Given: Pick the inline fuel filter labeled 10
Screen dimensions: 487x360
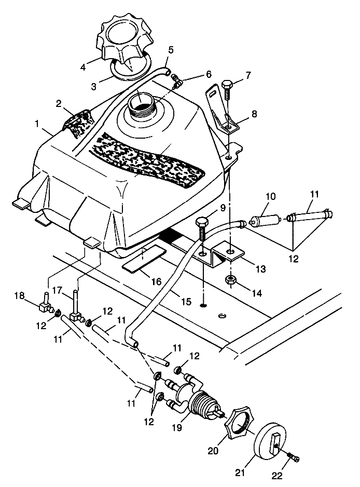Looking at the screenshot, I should [x=266, y=220].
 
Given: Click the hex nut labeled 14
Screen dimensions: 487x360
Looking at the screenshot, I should [x=230, y=281].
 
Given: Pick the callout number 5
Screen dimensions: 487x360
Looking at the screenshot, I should [x=171, y=51].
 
